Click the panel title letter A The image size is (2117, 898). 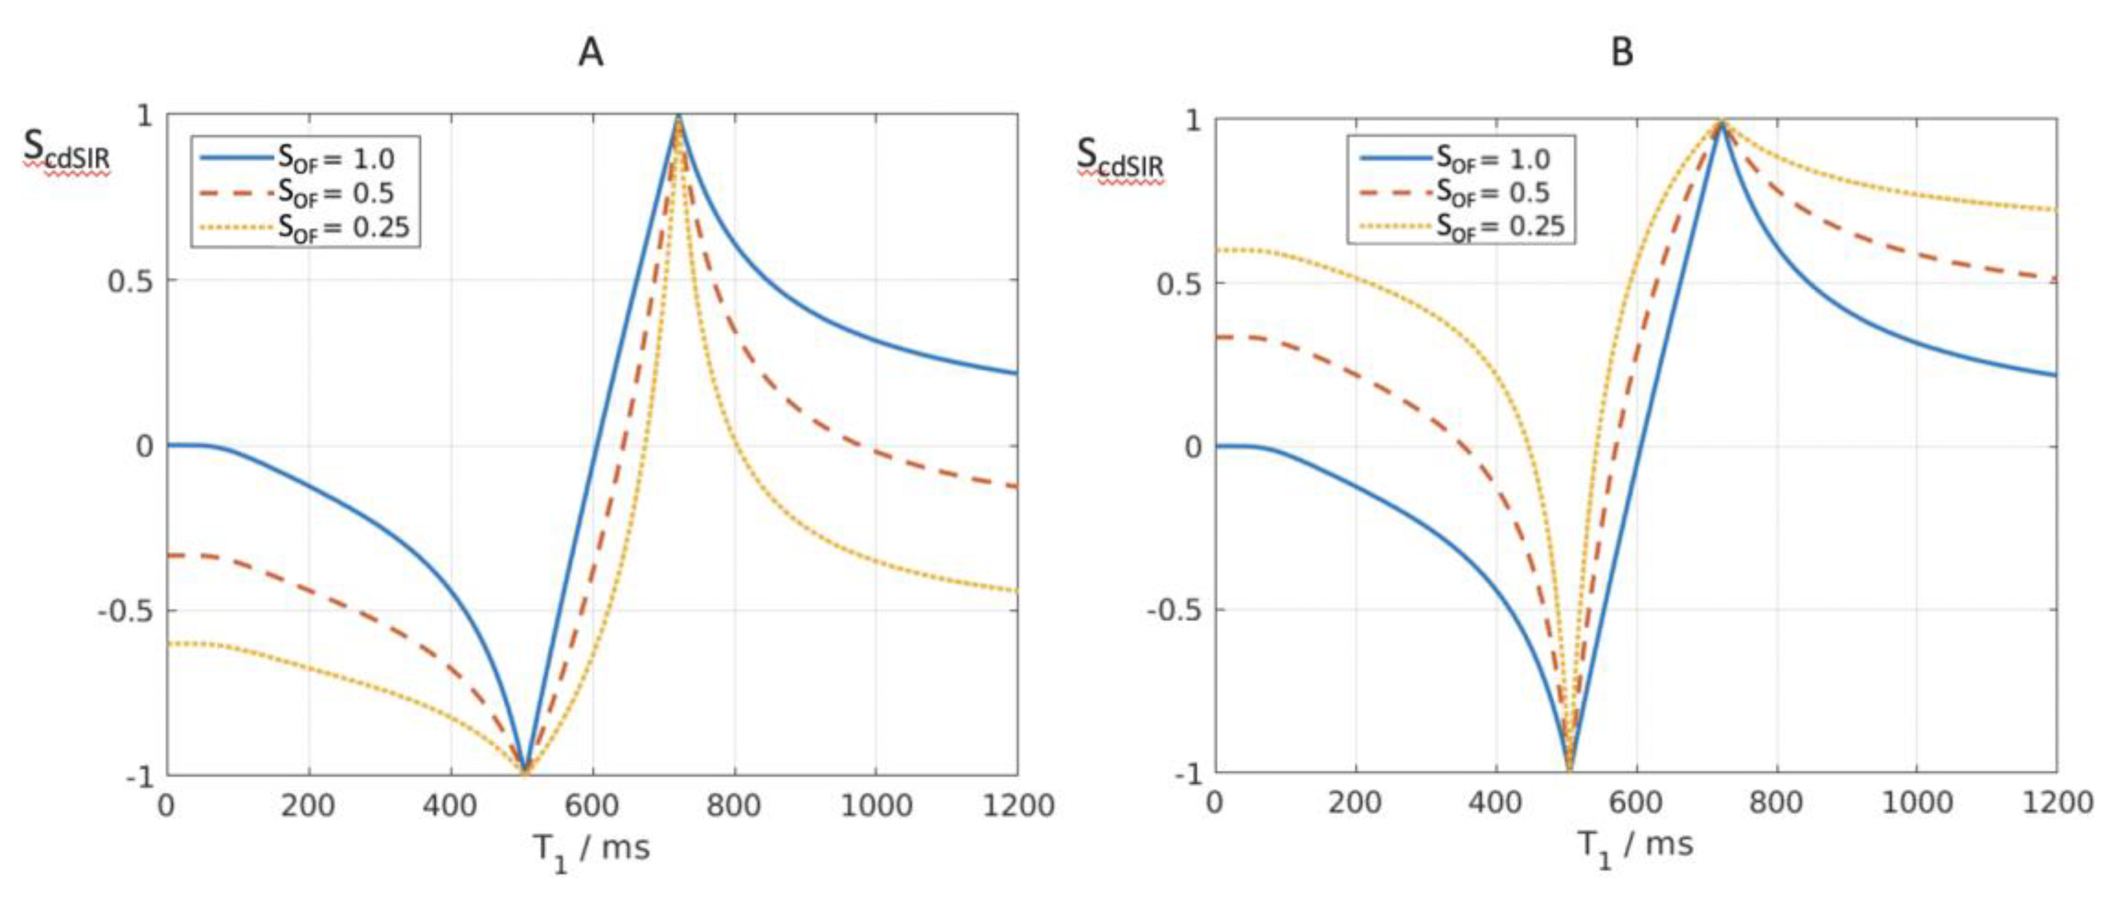click(590, 53)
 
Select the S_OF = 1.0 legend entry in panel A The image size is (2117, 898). click(336, 158)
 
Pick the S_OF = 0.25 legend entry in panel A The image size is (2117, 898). click(343, 226)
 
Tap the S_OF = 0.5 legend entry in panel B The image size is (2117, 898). click(1492, 192)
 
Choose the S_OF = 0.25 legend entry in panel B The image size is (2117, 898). click(1500, 225)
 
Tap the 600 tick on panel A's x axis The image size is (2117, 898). click(592, 805)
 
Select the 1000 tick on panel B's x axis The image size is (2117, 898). click(1917, 802)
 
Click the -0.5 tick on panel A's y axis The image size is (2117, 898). click(126, 611)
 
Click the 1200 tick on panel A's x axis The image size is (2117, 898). click(1017, 805)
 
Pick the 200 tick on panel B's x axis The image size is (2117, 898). click(1355, 802)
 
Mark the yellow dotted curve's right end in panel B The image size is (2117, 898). click(2055, 211)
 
